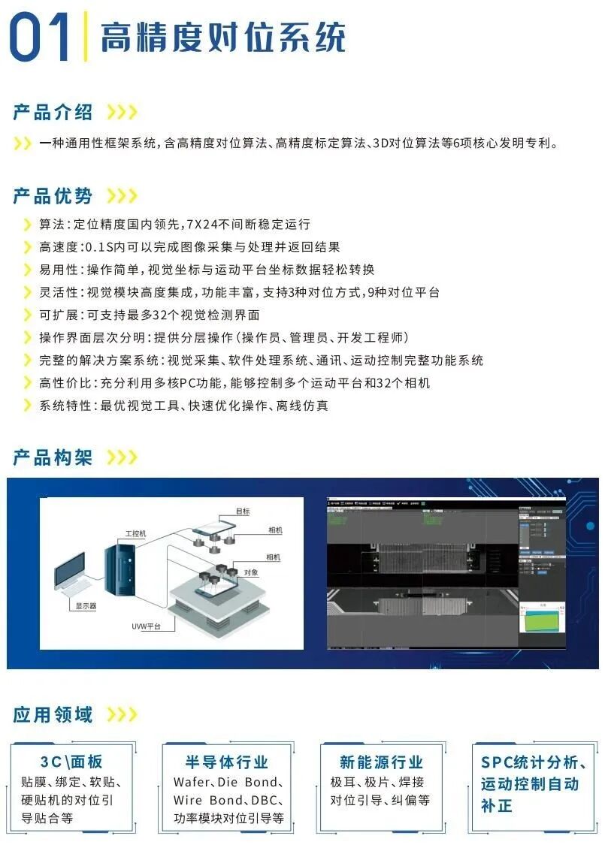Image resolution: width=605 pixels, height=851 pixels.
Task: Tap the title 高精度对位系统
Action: tap(222, 38)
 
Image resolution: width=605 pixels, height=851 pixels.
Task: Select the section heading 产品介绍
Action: tap(53, 113)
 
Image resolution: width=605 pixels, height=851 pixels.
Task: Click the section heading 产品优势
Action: tap(53, 196)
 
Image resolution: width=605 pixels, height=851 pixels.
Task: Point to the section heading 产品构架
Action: tap(53, 457)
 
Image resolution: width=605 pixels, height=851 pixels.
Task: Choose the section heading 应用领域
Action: tap(53, 714)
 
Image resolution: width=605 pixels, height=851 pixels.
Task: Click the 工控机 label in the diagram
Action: tap(135, 533)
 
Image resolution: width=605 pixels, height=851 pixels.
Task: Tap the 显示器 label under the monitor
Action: tap(86, 605)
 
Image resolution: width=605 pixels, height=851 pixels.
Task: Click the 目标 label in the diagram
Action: tap(243, 512)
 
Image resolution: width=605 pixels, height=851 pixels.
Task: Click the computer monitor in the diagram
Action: tap(75, 575)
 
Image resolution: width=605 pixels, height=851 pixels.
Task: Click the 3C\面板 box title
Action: tap(71, 762)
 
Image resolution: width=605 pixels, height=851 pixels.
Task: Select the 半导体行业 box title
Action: tap(227, 762)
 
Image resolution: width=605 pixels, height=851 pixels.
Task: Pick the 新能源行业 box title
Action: tap(381, 762)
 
